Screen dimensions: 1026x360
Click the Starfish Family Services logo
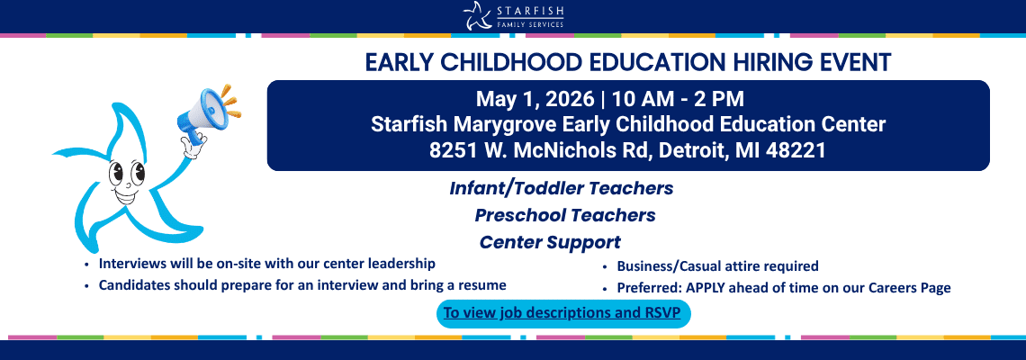coord(513,15)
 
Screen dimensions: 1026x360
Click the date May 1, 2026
coord(535,100)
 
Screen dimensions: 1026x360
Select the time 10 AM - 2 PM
coord(677,100)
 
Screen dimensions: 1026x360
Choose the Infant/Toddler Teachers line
coord(562,188)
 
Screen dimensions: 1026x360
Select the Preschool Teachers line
coord(565,215)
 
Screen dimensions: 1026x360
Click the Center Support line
coord(550,242)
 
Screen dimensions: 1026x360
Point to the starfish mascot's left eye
coord(118,174)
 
